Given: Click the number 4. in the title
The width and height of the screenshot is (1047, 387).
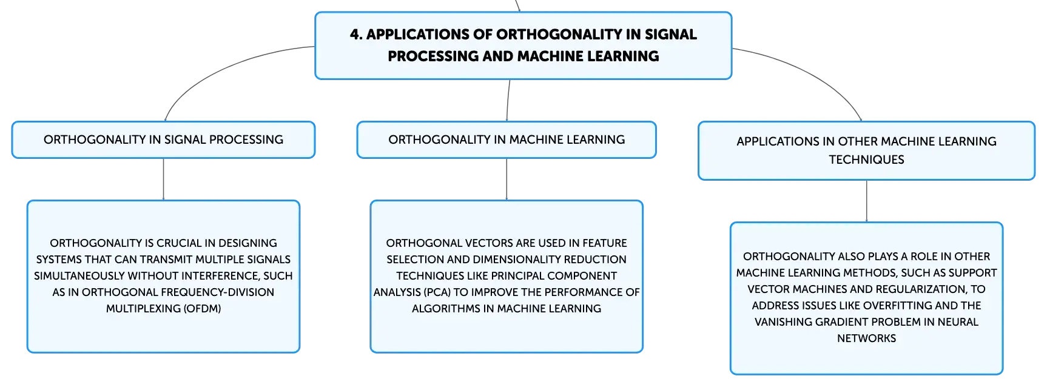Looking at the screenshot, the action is (x=356, y=35).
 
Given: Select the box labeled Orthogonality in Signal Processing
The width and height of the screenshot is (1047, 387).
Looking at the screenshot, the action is (x=163, y=140).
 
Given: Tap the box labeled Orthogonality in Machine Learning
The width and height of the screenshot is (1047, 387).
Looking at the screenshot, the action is (x=507, y=140).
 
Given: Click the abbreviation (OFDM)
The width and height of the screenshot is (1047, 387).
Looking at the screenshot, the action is (x=203, y=308).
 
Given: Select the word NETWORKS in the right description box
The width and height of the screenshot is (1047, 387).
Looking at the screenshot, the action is (x=866, y=338).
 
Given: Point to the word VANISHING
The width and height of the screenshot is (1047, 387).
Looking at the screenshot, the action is (x=781, y=321).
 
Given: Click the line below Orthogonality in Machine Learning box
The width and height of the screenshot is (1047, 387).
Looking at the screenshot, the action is (x=507, y=180).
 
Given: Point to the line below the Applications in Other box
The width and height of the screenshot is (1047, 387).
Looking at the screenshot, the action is (x=866, y=201).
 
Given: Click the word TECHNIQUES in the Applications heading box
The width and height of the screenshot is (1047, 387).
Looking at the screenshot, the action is (x=866, y=160).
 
